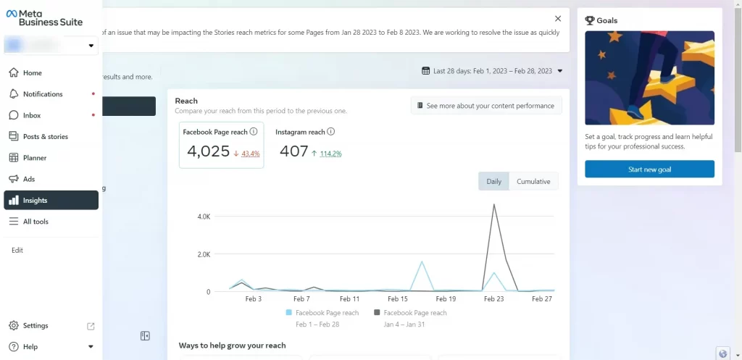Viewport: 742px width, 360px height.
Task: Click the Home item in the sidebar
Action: coord(32,73)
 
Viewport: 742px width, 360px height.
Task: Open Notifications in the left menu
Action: coord(42,94)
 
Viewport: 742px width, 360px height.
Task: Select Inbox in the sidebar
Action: coord(31,115)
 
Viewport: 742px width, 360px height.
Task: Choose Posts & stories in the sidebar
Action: coord(45,136)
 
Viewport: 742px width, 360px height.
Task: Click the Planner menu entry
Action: coord(34,158)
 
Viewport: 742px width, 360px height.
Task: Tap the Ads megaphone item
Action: coord(28,179)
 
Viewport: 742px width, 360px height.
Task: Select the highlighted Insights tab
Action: coord(51,201)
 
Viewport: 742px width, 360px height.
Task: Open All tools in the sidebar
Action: coord(35,222)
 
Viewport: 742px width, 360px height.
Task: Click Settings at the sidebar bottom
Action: coord(35,326)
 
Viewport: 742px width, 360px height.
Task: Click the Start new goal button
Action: coord(649,169)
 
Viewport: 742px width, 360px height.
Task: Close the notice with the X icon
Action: coord(557,19)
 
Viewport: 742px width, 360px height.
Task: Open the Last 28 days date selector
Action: coord(492,71)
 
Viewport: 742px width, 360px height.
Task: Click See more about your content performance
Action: coord(486,106)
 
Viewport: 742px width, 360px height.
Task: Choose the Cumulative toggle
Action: coord(533,182)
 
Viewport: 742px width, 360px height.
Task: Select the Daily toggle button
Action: coord(493,182)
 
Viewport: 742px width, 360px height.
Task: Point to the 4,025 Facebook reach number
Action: coord(208,151)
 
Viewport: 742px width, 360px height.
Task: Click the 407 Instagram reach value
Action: coord(293,151)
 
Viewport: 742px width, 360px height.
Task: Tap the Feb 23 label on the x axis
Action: coord(493,298)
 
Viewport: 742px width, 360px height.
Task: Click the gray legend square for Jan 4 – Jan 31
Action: coord(377,313)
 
